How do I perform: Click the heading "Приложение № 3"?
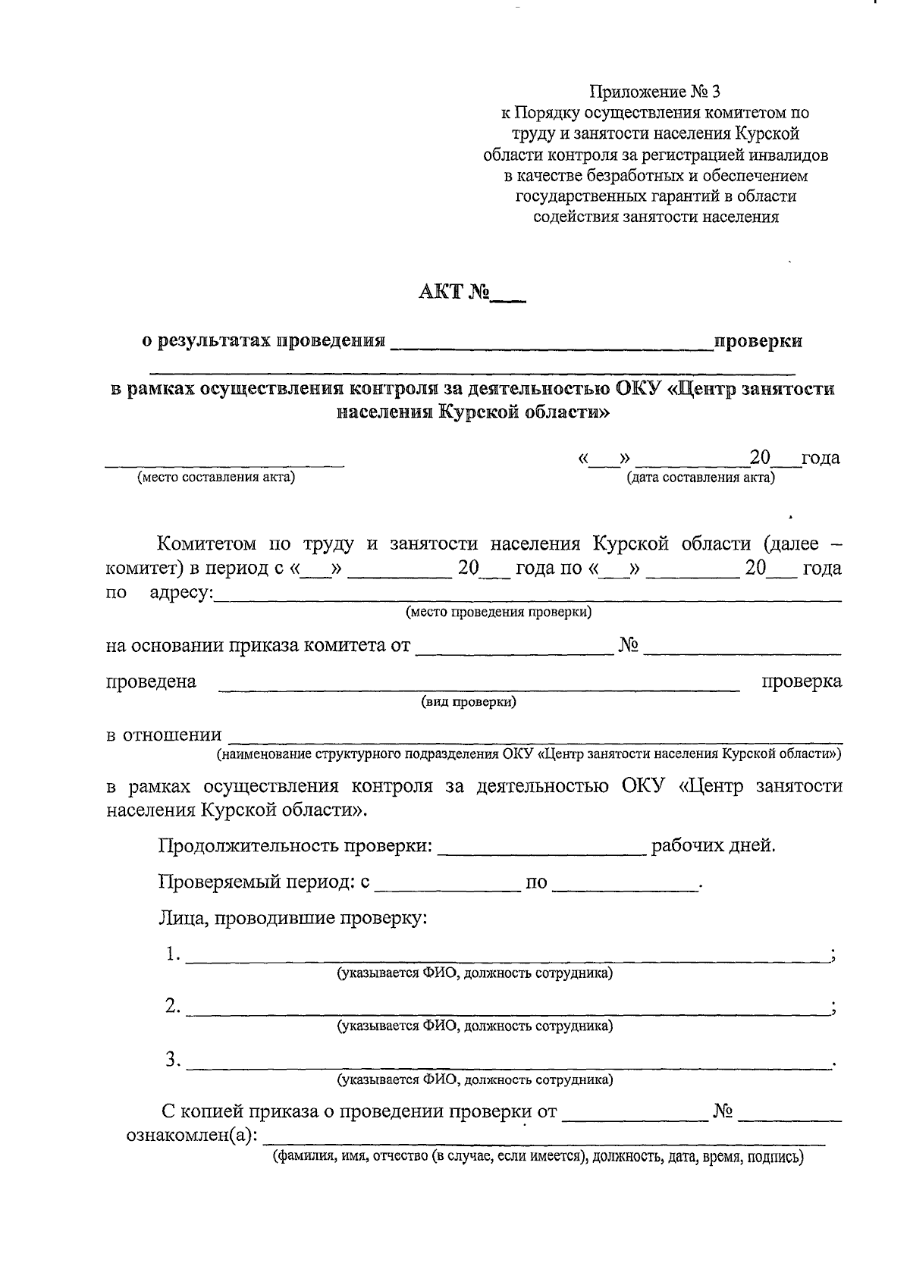(655, 92)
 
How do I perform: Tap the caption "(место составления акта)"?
(216, 478)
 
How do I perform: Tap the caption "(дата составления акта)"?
(700, 478)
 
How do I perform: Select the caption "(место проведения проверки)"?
(498, 612)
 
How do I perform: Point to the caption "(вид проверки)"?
(469, 702)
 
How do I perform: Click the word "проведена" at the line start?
(151, 681)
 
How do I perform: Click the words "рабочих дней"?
(712, 845)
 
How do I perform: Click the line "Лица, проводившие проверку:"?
(293, 919)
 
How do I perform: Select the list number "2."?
(173, 1007)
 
